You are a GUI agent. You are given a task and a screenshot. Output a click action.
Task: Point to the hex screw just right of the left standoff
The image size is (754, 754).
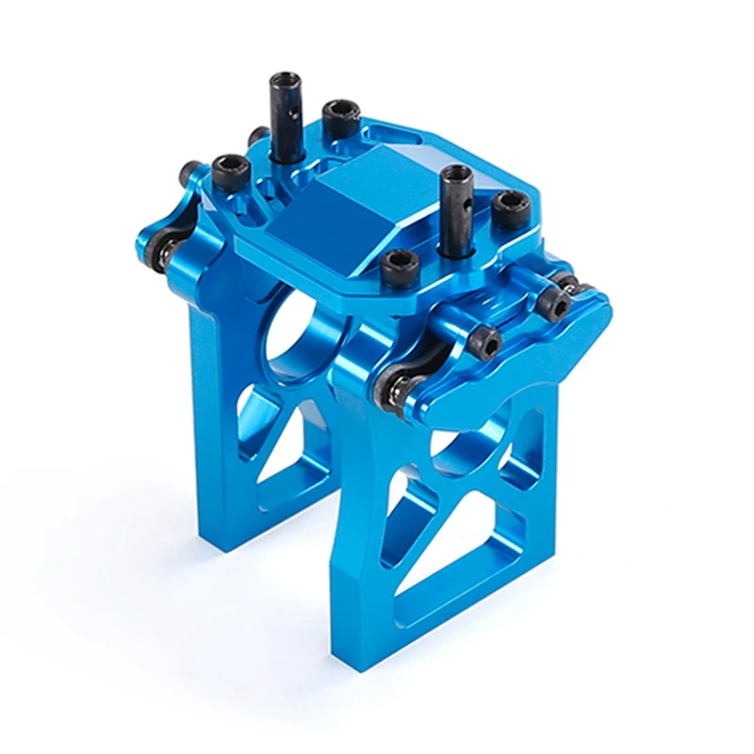pyautogui.click(x=338, y=118)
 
